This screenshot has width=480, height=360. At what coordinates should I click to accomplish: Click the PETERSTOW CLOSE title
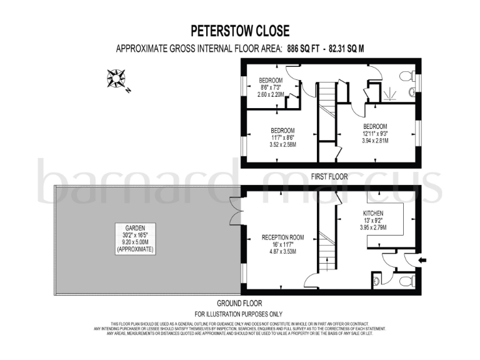240,31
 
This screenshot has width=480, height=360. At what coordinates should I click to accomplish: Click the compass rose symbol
116,79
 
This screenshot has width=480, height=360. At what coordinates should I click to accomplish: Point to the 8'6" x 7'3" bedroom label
271,88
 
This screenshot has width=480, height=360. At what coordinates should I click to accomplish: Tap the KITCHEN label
373,214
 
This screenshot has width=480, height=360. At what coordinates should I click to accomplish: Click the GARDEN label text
134,229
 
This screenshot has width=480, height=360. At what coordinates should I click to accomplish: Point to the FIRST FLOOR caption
329,177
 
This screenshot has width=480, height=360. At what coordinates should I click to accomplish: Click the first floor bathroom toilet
408,77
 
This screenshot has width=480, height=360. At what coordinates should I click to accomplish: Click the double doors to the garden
235,211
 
